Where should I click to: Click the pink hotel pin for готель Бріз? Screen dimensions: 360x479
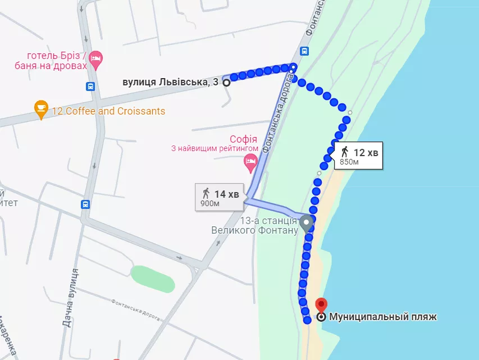[96, 59]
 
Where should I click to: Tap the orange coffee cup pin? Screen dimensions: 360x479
[41, 108]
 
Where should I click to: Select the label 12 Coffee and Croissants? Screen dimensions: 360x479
[108, 111]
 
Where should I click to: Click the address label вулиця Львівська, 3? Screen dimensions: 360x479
[171, 83]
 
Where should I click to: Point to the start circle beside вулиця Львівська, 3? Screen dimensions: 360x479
[226, 83]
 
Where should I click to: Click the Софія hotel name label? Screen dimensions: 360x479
[243, 139]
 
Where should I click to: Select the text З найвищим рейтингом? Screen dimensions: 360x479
[215, 149]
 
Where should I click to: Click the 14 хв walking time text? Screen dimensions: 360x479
[227, 194]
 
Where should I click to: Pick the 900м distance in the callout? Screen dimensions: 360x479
[209, 203]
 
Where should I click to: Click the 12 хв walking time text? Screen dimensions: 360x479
[366, 152]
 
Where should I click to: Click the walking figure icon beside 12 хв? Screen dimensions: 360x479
[344, 152]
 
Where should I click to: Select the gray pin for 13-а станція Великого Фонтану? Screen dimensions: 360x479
[306, 223]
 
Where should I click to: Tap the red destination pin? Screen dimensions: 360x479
[321, 305]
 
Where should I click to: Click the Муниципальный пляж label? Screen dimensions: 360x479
[382, 317]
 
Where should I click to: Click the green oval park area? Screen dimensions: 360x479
[153, 279]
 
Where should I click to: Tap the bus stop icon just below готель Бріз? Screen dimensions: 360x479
[90, 86]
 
